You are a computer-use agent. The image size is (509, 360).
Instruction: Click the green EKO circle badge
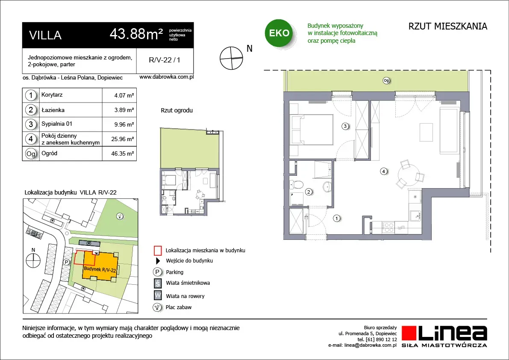click(279, 33)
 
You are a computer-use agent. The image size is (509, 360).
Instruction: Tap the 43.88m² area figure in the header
click(136, 34)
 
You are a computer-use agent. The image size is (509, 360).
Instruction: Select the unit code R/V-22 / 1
click(165, 60)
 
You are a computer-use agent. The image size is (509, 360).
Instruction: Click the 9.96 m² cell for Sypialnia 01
click(124, 124)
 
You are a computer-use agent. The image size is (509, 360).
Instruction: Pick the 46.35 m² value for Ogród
click(122, 153)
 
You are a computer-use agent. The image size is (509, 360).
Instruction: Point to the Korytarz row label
click(52, 95)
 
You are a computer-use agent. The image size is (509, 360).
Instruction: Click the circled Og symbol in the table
click(31, 153)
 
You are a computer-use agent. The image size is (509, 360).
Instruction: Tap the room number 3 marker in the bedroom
click(345, 126)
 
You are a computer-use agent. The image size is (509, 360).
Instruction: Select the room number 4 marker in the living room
click(384, 171)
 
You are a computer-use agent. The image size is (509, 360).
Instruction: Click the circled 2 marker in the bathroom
click(309, 192)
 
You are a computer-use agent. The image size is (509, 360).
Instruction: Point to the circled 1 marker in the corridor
click(337, 218)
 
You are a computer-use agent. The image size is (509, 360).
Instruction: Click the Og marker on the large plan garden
click(386, 80)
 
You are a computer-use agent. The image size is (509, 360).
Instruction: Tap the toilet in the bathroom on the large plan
click(296, 185)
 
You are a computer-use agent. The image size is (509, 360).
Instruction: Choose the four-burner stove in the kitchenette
click(389, 227)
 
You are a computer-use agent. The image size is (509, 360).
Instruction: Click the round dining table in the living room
click(407, 177)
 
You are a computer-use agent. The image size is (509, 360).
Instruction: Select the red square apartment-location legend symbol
click(157, 251)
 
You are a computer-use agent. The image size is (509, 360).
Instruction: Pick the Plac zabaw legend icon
click(157, 307)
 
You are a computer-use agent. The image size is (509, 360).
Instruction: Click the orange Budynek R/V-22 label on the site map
click(100, 269)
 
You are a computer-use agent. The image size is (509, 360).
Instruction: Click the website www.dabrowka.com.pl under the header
click(167, 77)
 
